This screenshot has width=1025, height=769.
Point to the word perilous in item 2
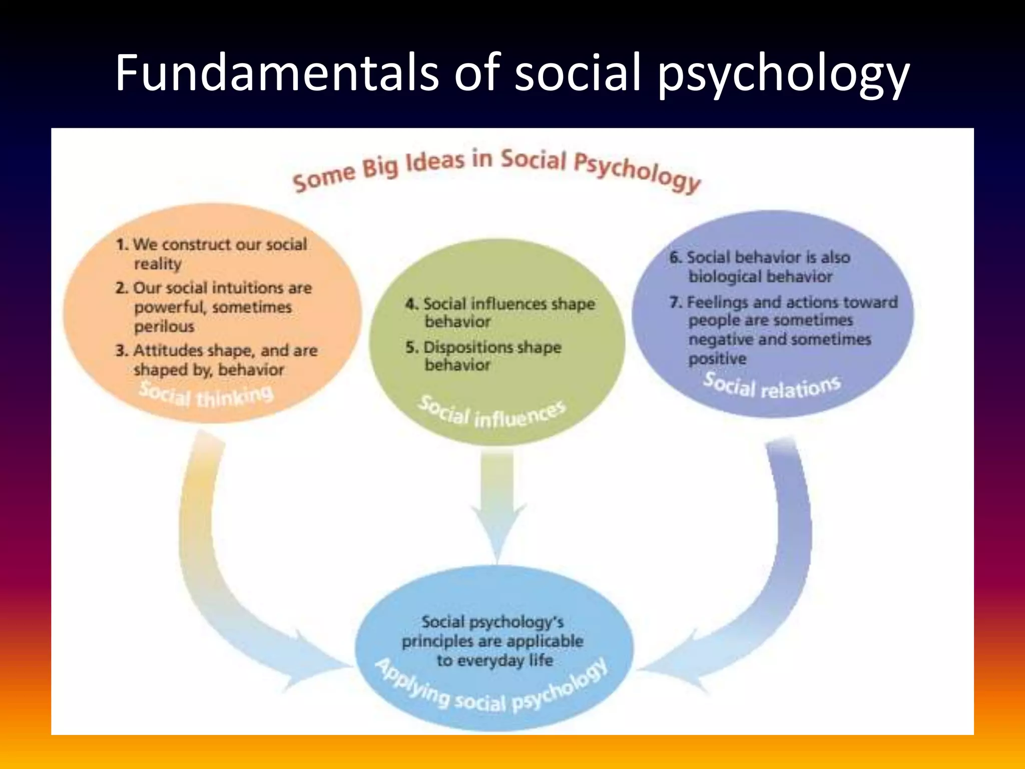point(164,326)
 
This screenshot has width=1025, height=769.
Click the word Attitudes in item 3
point(168,350)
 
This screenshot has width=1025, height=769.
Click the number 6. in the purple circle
point(676,257)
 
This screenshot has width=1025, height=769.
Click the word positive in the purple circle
point(717,358)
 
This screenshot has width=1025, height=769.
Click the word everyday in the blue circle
point(480,660)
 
